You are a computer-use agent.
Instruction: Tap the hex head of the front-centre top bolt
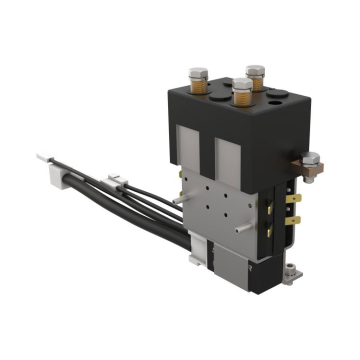[242, 83]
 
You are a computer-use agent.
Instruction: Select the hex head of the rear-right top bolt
[255, 70]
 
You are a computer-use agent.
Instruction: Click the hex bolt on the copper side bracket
[311, 159]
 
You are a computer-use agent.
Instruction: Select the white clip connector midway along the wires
[117, 180]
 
